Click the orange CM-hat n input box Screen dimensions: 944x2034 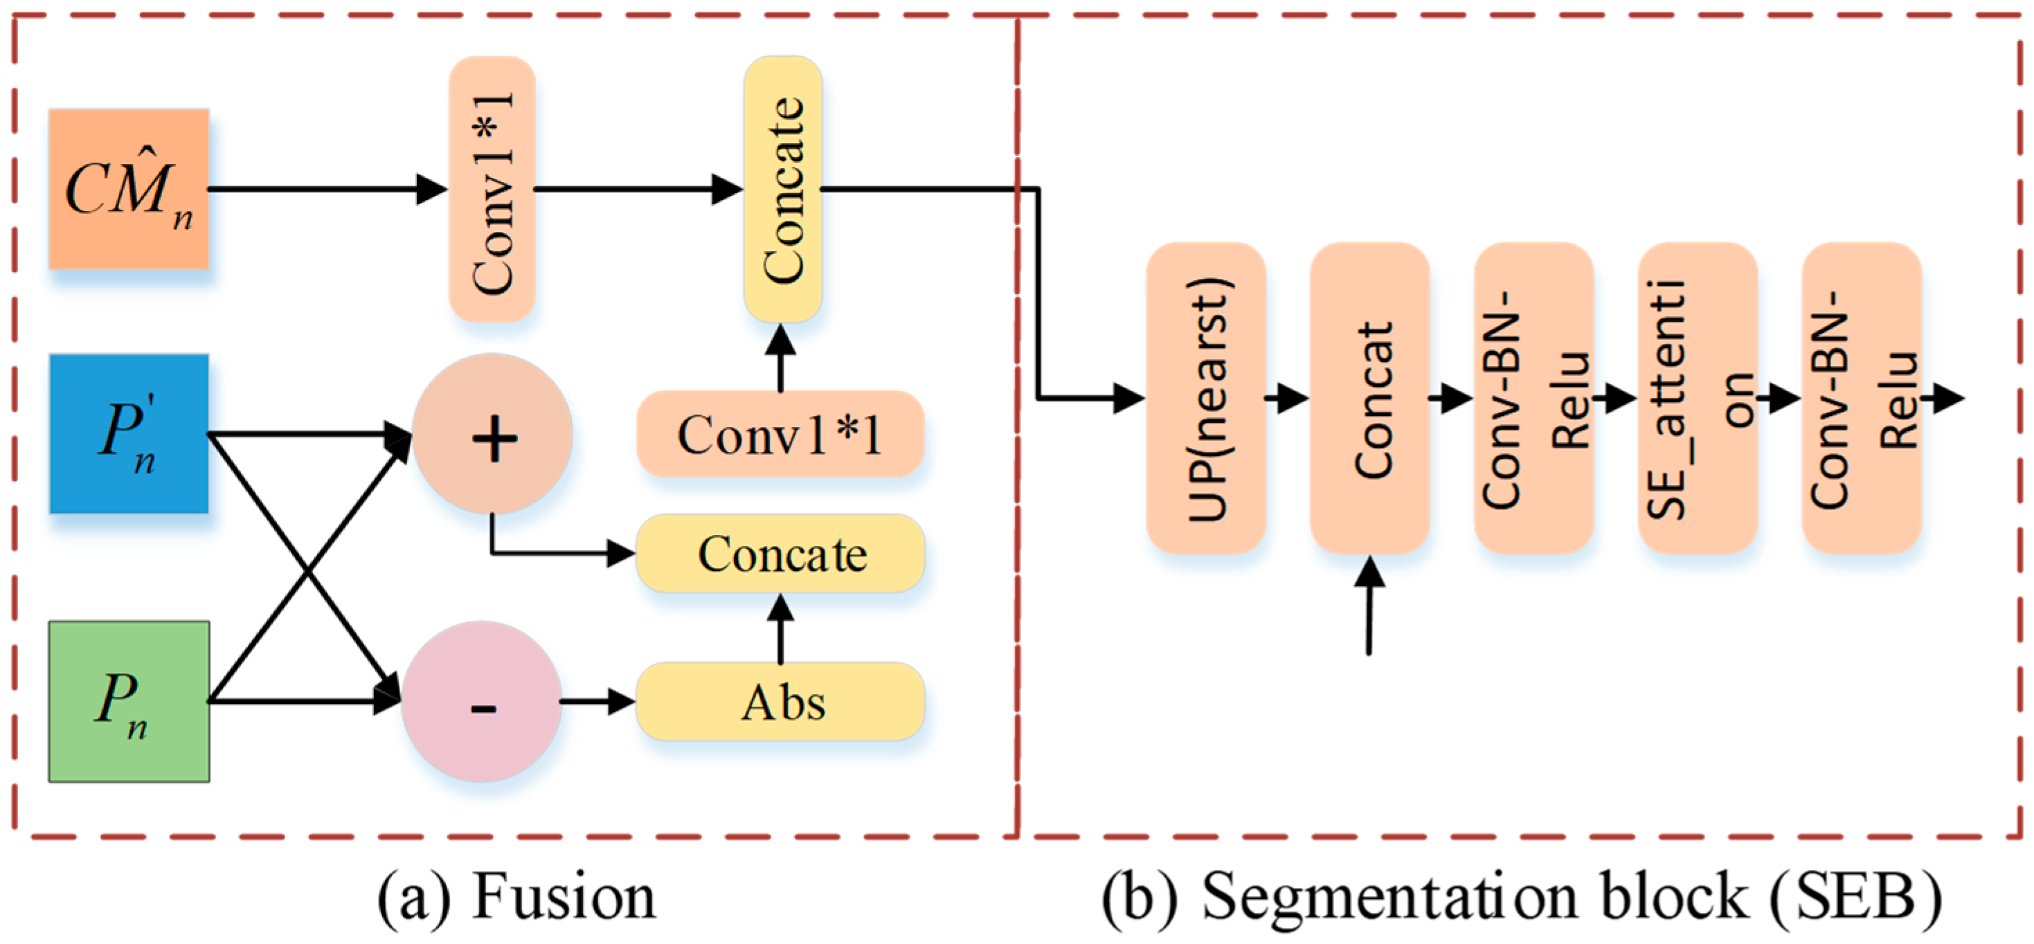click(129, 190)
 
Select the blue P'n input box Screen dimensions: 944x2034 click(129, 433)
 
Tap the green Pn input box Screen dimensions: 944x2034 click(129, 701)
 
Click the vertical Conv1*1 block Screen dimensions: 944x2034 click(492, 190)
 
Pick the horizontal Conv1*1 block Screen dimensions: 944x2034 click(780, 433)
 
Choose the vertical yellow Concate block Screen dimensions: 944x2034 click(782, 190)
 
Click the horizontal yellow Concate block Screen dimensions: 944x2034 click(780, 553)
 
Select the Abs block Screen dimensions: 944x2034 click(780, 701)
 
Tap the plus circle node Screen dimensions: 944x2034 click(493, 433)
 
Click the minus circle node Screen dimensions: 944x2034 click(482, 701)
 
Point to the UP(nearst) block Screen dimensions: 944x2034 click(1206, 398)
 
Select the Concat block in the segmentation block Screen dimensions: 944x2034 click(1370, 398)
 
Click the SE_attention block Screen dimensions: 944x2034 click(1698, 398)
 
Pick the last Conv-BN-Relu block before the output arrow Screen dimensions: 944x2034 click(1861, 398)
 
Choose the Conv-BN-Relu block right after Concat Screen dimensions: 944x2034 click(1533, 398)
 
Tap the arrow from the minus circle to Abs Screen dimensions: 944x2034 click(597, 701)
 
